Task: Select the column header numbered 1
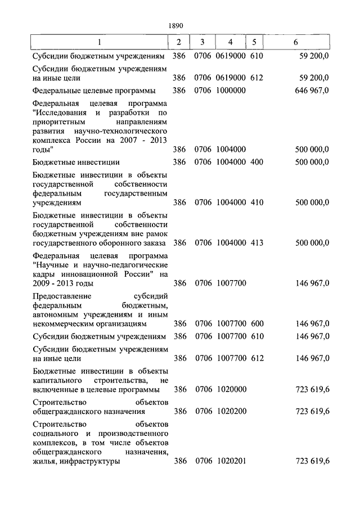point(99,43)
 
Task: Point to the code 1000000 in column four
point(231,90)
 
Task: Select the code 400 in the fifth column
point(256,163)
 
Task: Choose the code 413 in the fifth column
point(256,243)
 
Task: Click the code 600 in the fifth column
point(256,323)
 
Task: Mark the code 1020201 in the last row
point(231,461)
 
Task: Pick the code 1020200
point(231,411)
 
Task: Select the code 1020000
point(231,389)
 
